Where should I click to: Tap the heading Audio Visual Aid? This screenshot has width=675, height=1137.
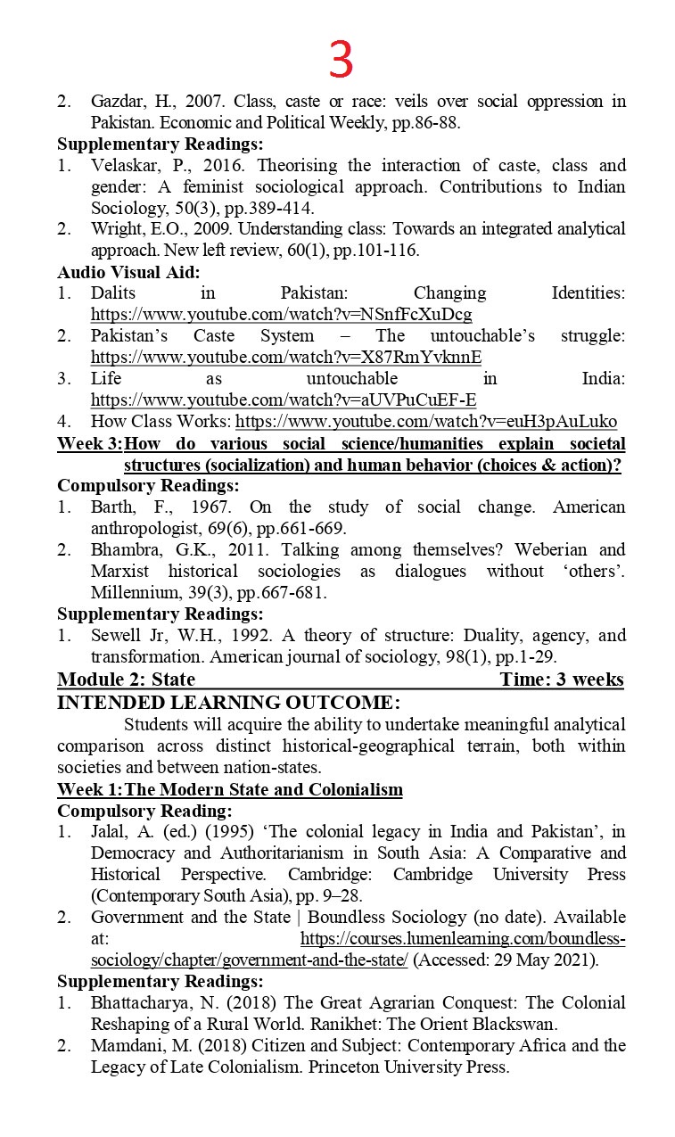click(x=128, y=272)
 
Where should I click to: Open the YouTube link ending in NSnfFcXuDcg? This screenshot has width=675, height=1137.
click(x=281, y=315)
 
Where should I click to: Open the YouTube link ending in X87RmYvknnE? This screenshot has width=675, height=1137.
click(x=285, y=358)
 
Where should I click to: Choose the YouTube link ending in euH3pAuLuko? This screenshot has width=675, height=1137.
click(x=425, y=422)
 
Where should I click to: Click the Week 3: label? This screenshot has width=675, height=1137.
click(x=89, y=444)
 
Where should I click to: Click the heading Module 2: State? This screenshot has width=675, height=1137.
click(x=126, y=680)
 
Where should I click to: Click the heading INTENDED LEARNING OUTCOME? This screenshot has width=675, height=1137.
click(x=228, y=703)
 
